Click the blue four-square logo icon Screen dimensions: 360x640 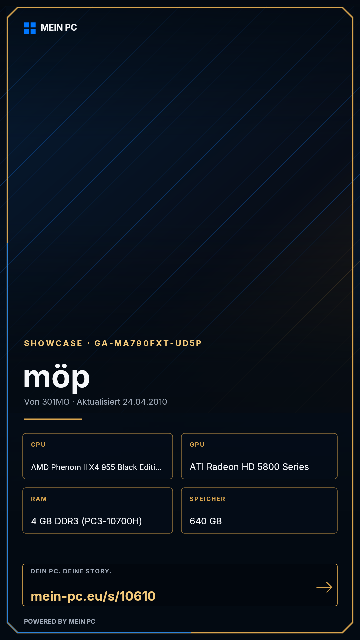tap(30, 28)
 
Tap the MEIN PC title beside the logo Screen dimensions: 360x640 tap(59, 28)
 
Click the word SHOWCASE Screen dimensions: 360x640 tap(53, 343)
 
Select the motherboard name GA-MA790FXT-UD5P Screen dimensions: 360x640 tap(148, 343)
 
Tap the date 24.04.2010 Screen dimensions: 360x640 tap(145, 402)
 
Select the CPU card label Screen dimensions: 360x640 tap(38, 445)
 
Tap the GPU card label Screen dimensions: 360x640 tap(197, 445)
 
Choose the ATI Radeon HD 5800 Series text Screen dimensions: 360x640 tap(249, 467)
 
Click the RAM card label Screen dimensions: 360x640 tap(39, 499)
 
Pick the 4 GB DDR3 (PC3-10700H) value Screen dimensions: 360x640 tap(87, 521)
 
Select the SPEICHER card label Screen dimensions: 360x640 tap(207, 499)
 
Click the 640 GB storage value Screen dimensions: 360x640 tap(206, 521)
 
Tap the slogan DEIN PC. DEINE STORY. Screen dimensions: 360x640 tap(71, 571)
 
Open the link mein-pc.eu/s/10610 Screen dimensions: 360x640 tap(93, 596)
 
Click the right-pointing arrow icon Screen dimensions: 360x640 tap(324, 587)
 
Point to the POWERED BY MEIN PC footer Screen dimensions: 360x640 tap(60, 621)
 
